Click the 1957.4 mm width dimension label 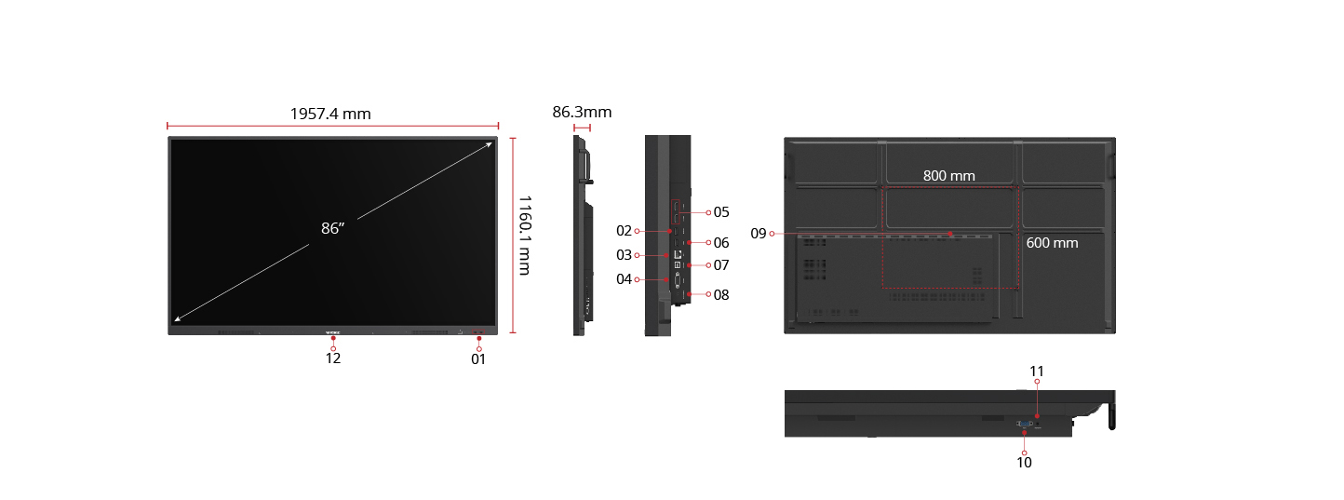tap(330, 114)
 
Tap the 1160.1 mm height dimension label tap(524, 235)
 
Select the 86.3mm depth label tap(582, 113)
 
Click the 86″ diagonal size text tap(332, 228)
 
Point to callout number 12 tap(333, 358)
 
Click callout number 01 tap(478, 359)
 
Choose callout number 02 tap(624, 231)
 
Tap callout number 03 tap(624, 255)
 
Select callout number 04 tap(624, 279)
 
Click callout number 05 tap(721, 212)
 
